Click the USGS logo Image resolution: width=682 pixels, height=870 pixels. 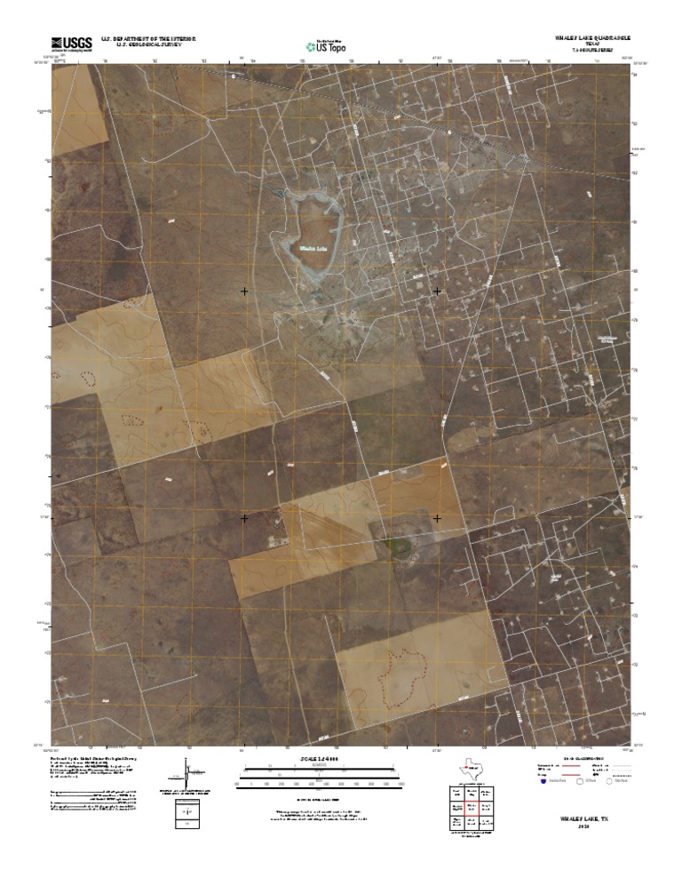tap(72, 42)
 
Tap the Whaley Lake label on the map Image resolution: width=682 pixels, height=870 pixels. tap(314, 248)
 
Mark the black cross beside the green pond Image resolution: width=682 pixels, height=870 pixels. tap(437, 517)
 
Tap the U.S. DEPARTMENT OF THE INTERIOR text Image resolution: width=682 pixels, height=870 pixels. tap(148, 38)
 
